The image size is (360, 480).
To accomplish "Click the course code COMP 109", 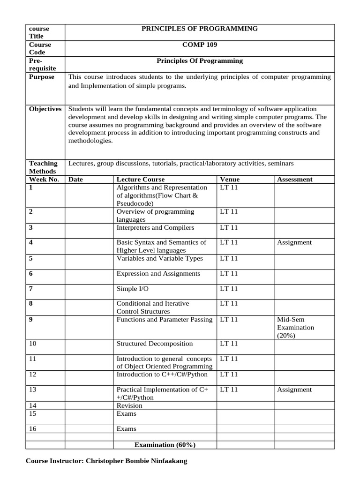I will pos(199,45).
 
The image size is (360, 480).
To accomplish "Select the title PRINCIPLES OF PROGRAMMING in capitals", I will pos(199,29).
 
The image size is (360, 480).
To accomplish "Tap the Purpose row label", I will pos(42,77).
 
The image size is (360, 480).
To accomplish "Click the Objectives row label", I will pos(45,109).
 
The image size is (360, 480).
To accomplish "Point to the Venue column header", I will pos(229,179).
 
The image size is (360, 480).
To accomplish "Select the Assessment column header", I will pos(295,179).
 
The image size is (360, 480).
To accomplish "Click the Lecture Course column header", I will pos(140,179).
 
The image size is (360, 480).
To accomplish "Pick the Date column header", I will pos(75,179).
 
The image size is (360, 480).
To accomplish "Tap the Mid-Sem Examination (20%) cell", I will pos(295,327).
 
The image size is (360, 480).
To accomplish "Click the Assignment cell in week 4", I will pos(294,242).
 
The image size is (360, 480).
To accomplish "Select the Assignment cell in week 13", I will pos(294,390).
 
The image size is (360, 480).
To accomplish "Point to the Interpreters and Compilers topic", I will pos(155,228).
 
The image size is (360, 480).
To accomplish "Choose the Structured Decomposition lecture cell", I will pos(154,344).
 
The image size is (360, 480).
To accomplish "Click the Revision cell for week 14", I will pos(129,405).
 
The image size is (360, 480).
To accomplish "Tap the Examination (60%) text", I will pos(165,444).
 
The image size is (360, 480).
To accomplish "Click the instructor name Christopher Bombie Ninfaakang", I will pos(106,461).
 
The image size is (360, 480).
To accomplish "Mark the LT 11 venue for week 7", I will pos(229,289).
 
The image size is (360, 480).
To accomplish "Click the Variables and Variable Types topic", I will pos(159,258).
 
